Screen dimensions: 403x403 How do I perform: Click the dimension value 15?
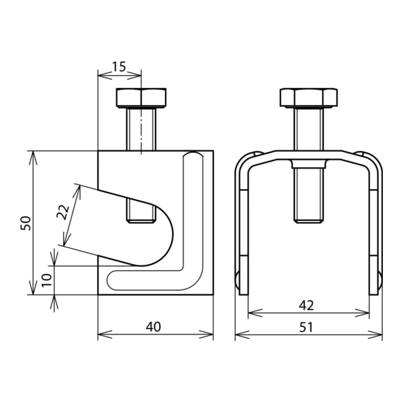[x=119, y=67]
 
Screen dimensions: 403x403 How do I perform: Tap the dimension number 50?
[x=26, y=223]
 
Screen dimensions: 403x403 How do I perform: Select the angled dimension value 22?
[x=63, y=212]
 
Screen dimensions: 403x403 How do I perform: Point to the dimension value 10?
[x=47, y=280]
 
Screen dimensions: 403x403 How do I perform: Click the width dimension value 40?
[x=153, y=327]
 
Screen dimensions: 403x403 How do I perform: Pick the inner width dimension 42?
[x=306, y=306]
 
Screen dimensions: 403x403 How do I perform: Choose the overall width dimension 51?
[x=306, y=327]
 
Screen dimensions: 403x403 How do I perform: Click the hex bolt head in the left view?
[x=141, y=98]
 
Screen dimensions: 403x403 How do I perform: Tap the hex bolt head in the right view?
[x=308, y=97]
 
